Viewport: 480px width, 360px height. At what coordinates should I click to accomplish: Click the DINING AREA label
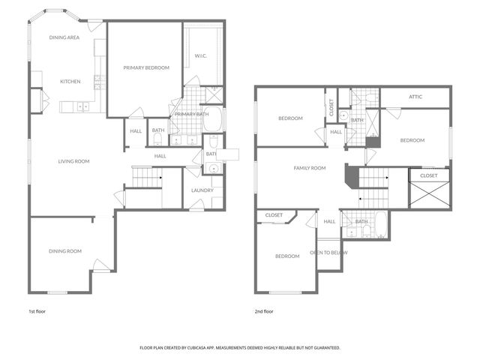click(64, 37)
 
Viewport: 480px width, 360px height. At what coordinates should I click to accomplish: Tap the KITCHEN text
click(71, 82)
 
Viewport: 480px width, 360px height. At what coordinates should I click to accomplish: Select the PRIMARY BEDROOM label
click(146, 67)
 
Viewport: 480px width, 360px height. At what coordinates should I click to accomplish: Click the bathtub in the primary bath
click(213, 118)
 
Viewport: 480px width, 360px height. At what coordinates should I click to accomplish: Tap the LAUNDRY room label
click(202, 190)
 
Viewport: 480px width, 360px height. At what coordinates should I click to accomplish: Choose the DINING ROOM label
click(65, 250)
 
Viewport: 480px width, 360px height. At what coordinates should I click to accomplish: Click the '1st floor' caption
click(37, 310)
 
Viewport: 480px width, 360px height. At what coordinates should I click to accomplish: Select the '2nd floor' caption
click(263, 310)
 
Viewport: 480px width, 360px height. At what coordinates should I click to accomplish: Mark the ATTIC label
click(415, 97)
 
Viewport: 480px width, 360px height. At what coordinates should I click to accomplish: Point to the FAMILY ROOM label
click(309, 168)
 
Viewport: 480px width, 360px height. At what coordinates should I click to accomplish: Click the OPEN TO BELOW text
click(328, 253)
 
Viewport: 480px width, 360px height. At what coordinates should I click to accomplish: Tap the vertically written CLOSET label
click(331, 107)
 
